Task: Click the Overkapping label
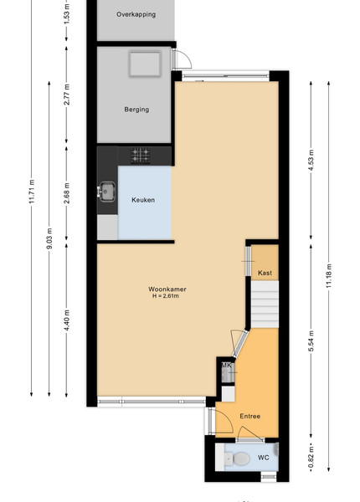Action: (136, 14)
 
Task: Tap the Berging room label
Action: (136, 110)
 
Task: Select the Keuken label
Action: (143, 200)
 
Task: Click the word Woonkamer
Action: (167, 289)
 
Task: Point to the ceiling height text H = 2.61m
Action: (166, 296)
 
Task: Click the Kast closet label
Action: (265, 273)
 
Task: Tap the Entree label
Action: (250, 416)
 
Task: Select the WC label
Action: (264, 458)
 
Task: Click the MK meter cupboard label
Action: (226, 366)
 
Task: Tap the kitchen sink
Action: (106, 192)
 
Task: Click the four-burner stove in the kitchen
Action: (141, 156)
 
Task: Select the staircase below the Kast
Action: (265, 305)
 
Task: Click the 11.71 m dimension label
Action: (31, 192)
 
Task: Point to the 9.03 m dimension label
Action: (49, 238)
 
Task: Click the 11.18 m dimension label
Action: (329, 276)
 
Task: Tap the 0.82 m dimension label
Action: (311, 457)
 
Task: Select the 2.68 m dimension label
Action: (67, 193)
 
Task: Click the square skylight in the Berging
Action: (145, 64)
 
